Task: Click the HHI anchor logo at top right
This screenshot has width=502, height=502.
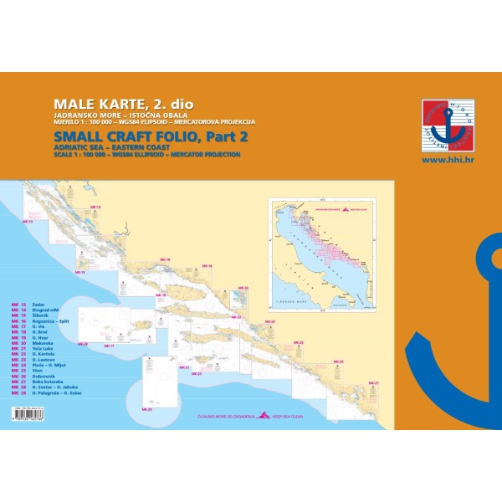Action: coord(448,125)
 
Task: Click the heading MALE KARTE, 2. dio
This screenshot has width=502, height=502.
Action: coord(123,104)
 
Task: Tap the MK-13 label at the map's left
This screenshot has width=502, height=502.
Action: coord(26,222)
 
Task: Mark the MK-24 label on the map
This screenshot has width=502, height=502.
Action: coord(268,320)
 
